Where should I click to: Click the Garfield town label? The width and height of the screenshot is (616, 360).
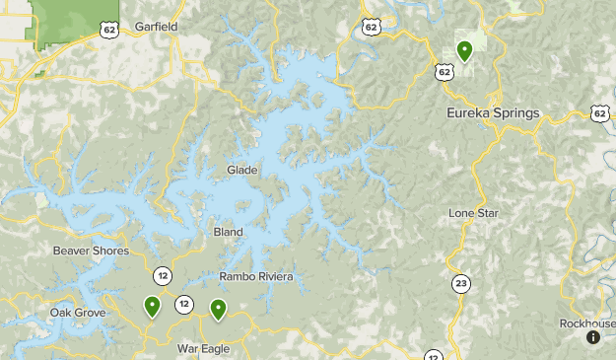point(157,27)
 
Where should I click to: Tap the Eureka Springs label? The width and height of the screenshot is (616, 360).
point(493,113)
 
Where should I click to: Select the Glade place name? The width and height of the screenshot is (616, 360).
point(241,171)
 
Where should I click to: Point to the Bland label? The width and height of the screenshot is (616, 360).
point(228,233)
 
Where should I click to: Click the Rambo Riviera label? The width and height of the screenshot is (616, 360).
point(256,277)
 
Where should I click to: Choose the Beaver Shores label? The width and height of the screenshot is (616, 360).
point(91,252)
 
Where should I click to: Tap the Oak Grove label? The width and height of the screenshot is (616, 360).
point(77,313)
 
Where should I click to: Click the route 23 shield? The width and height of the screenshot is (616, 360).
point(461,284)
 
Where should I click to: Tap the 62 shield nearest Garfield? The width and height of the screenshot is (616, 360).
point(108,31)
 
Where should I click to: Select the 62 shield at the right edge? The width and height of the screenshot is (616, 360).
point(601,114)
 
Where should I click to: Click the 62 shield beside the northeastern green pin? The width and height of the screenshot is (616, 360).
point(445,71)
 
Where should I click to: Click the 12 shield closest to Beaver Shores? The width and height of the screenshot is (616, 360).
point(161,272)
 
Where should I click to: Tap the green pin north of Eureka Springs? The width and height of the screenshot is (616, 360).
point(463,50)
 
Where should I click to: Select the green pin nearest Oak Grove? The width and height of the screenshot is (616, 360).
point(153,307)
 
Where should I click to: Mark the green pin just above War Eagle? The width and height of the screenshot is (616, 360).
point(218,309)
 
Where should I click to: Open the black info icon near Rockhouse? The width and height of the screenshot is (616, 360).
point(592,337)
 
